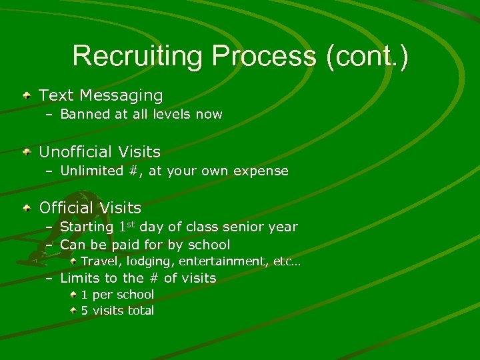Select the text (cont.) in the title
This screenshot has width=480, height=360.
point(367,56)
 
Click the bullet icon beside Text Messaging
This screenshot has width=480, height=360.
point(26,95)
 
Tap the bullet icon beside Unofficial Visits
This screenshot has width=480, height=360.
point(26,152)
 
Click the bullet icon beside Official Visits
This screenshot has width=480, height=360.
point(26,208)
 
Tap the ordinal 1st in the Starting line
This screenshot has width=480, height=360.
point(125,226)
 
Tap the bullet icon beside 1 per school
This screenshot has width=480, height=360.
point(75,294)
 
